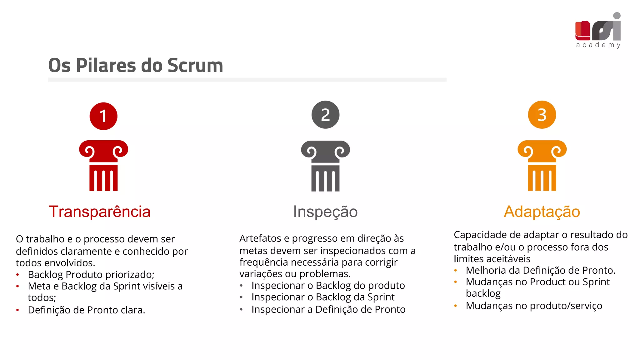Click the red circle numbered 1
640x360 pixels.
(103, 116)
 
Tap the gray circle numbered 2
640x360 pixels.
(325, 115)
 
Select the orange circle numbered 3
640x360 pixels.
(542, 115)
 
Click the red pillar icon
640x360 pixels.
(103, 166)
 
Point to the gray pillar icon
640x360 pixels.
(325, 166)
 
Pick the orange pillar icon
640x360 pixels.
(542, 166)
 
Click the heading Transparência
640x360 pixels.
(100, 212)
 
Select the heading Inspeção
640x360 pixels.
(325, 212)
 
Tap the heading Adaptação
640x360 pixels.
(542, 212)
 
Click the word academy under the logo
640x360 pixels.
(598, 45)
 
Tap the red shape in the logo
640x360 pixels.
(582, 31)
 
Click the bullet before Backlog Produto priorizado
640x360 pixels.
(18, 275)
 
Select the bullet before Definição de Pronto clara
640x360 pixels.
(18, 310)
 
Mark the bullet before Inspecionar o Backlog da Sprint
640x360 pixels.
(241, 297)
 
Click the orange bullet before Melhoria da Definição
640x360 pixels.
(456, 271)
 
